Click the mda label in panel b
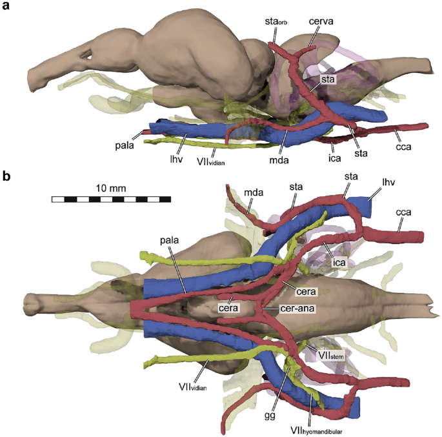pos(253,190)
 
